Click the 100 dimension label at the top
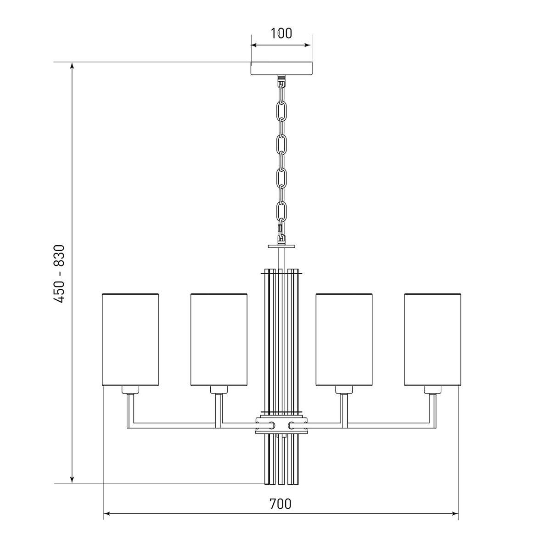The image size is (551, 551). coord(281,34)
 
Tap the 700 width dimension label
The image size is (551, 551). coord(280,504)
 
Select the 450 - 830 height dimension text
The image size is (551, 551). coord(60,274)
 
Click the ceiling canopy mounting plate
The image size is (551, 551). coord(281,68)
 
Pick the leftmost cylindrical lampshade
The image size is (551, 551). coord(130,340)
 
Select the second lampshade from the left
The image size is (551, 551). coord(219,340)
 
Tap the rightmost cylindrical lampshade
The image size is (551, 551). coord(433,340)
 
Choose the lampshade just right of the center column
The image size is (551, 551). coord(344,340)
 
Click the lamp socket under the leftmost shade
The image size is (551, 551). coord(130,390)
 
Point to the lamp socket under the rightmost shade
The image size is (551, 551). coord(433,390)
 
